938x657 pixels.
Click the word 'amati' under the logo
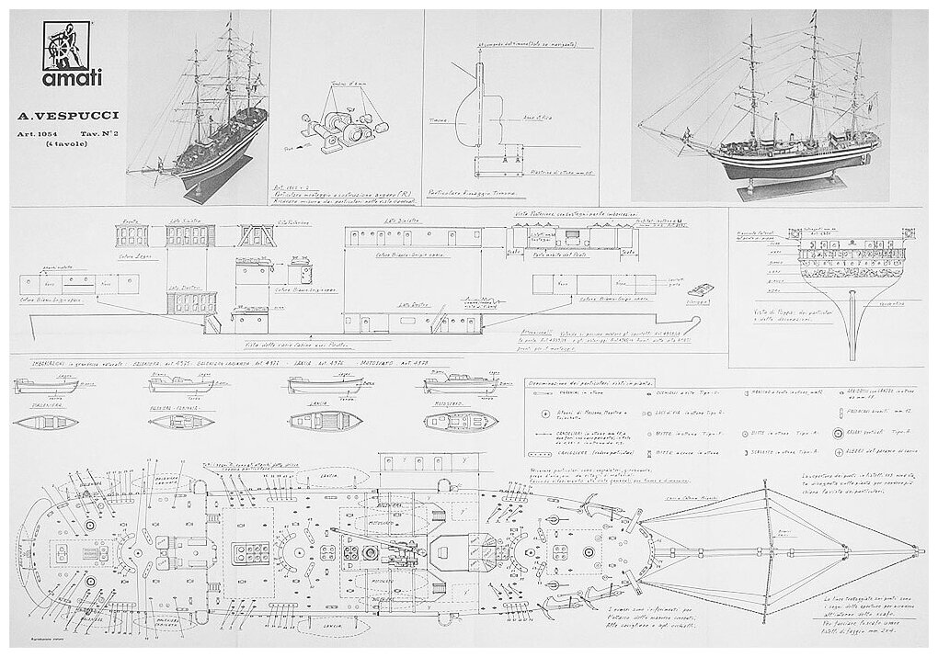[63, 89]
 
